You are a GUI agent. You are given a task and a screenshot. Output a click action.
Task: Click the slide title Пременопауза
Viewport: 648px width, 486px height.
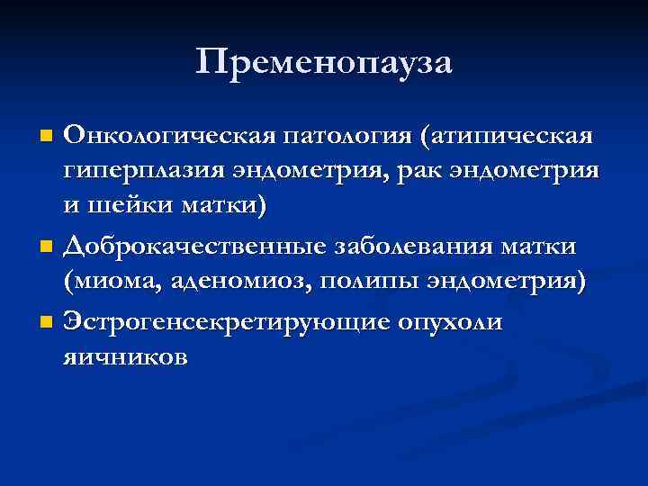324,62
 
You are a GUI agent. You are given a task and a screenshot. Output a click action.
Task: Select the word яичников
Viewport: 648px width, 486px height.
125,355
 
